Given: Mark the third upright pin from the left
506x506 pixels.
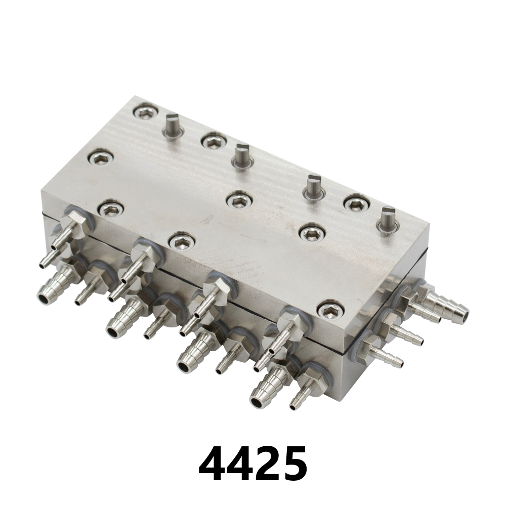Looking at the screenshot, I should tap(313, 186).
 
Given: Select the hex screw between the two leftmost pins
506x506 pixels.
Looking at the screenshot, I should tap(213, 140).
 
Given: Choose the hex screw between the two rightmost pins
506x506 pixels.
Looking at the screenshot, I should tap(356, 203).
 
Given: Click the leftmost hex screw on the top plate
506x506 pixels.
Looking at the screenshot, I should tap(100, 158).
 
